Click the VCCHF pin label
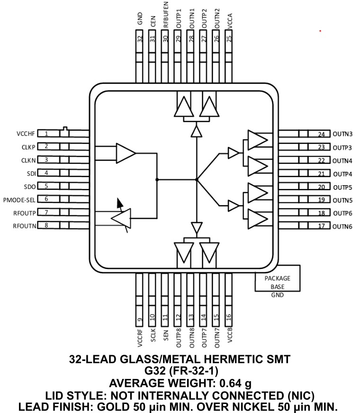click(24, 134)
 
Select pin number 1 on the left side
click(46, 134)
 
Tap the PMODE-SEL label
click(18, 199)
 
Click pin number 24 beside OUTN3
click(321, 134)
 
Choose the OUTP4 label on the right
click(342, 174)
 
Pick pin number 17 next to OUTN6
click(321, 226)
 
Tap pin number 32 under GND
click(140, 40)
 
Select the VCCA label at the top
click(230, 23)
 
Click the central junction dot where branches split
click(197, 180)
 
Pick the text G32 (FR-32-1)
click(180, 371)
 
